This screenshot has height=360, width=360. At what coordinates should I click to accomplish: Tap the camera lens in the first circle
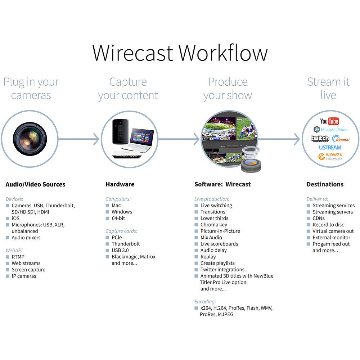(30, 138)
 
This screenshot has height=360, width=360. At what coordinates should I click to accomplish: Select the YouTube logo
(329, 121)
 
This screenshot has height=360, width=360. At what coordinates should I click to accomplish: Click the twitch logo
(320, 139)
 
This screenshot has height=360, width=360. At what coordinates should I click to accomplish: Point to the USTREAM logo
(330, 147)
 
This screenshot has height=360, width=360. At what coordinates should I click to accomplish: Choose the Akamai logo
(341, 139)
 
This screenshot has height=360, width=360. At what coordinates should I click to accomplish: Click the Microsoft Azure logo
(330, 129)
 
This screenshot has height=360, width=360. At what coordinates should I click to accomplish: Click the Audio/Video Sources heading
(35, 184)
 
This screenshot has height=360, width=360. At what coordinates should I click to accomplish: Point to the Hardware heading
(120, 184)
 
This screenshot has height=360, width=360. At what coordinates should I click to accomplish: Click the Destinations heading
(325, 184)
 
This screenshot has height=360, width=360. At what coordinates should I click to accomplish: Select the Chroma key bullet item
(213, 225)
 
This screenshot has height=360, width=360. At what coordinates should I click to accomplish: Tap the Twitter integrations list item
(222, 270)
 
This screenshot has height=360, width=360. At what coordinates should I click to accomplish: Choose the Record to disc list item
(328, 225)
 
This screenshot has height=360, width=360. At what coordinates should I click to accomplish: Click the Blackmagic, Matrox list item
(133, 257)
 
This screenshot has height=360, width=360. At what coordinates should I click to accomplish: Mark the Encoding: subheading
(205, 302)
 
